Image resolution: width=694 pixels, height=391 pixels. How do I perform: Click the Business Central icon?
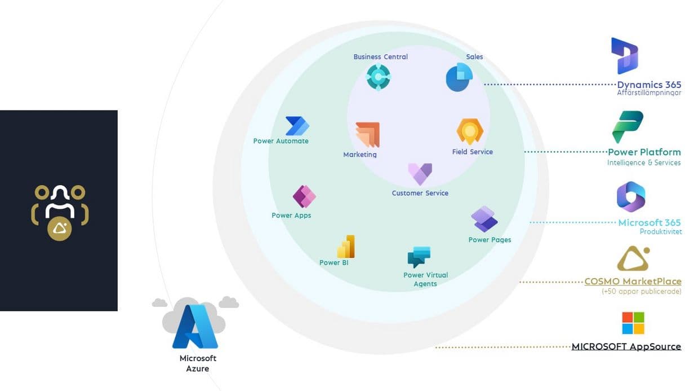(x=378, y=77)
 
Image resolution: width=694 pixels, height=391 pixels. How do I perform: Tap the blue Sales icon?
(x=459, y=77)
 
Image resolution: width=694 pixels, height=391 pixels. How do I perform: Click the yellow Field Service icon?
(x=470, y=131)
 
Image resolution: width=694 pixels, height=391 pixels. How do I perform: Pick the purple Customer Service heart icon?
(x=420, y=174)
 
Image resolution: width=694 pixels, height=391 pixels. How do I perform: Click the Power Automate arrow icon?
(x=297, y=126)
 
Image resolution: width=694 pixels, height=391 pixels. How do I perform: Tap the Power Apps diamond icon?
(x=304, y=196)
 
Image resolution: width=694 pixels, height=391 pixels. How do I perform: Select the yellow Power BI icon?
(x=346, y=247)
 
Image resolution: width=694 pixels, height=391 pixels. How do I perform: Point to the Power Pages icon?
(x=484, y=219)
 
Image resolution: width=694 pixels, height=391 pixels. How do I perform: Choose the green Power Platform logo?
(x=628, y=126)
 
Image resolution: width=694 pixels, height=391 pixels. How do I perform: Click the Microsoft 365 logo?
(x=631, y=197)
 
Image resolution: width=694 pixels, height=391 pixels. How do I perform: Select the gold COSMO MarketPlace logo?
(x=633, y=258)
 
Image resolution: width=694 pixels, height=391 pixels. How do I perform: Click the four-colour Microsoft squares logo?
(x=633, y=323)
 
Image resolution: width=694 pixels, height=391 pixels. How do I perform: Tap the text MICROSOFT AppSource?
(x=626, y=346)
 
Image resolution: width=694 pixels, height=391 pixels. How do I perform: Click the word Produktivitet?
(x=660, y=232)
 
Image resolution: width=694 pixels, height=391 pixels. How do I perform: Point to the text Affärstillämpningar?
(x=648, y=93)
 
